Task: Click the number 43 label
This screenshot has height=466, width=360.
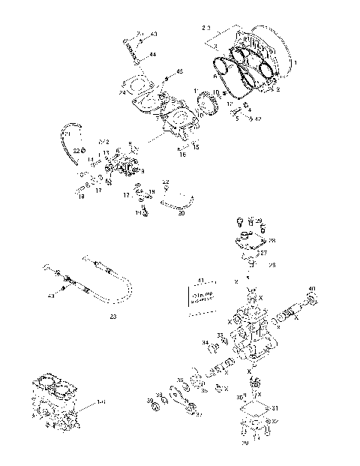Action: (x=154, y=35)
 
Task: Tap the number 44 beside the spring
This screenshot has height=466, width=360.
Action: (x=153, y=55)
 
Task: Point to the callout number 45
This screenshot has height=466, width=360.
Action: (x=179, y=71)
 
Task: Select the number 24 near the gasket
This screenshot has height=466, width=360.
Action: (x=121, y=92)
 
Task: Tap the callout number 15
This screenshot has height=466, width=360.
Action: (x=196, y=148)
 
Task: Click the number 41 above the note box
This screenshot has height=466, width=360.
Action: (x=199, y=280)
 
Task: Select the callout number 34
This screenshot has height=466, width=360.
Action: (x=204, y=342)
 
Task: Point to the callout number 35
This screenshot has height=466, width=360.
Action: (x=220, y=335)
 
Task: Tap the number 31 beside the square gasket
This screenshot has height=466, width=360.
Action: (x=274, y=408)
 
